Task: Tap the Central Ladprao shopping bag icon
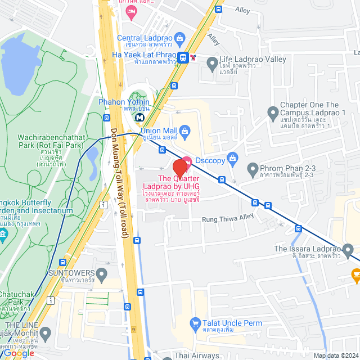point(179,39)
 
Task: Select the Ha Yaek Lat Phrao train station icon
point(183,57)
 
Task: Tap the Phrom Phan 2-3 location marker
point(253,168)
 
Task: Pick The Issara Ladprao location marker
point(348,249)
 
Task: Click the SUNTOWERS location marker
point(101,275)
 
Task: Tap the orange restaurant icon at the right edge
point(355,275)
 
